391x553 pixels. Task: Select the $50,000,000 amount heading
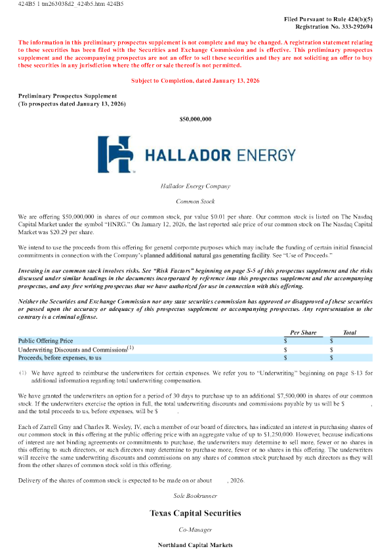(x=195, y=119)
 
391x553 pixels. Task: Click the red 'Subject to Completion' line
(x=195, y=80)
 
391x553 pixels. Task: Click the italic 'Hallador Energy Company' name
(x=195, y=186)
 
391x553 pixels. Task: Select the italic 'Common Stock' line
(x=195, y=201)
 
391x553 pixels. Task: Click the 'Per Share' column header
(x=302, y=333)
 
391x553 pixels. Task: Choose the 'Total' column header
(x=350, y=333)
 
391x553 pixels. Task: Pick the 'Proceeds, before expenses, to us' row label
(x=60, y=358)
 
